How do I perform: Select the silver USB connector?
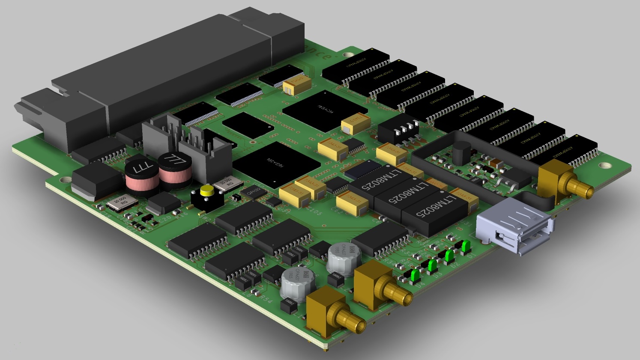[x=514, y=226]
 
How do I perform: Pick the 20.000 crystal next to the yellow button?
[x=224, y=183]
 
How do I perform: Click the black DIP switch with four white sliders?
[x=398, y=128]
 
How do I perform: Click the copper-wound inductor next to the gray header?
[x=173, y=168]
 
